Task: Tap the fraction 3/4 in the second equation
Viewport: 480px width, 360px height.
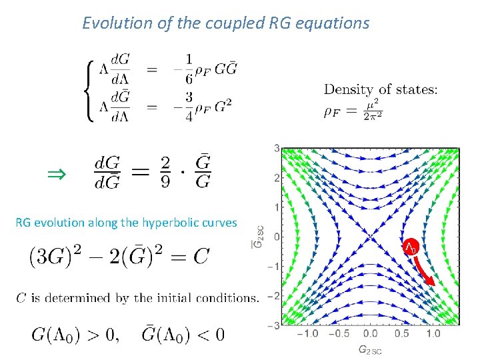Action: pyautogui.click(x=189, y=105)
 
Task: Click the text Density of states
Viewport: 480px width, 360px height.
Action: pyautogui.click(x=380, y=89)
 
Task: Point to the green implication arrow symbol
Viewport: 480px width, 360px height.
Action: pyautogui.click(x=56, y=175)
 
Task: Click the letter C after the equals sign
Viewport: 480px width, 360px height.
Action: pyautogui.click(x=201, y=255)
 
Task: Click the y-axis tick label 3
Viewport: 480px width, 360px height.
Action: pyautogui.click(x=275, y=148)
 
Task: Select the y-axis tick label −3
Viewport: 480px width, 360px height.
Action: pyautogui.click(x=273, y=325)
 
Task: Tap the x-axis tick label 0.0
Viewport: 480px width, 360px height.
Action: pyautogui.click(x=370, y=333)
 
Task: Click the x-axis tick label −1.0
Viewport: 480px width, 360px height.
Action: pyautogui.click(x=306, y=333)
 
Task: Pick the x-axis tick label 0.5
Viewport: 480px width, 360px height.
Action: pyautogui.click(x=403, y=333)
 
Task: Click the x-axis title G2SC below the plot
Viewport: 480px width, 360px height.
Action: pyautogui.click(x=370, y=349)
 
